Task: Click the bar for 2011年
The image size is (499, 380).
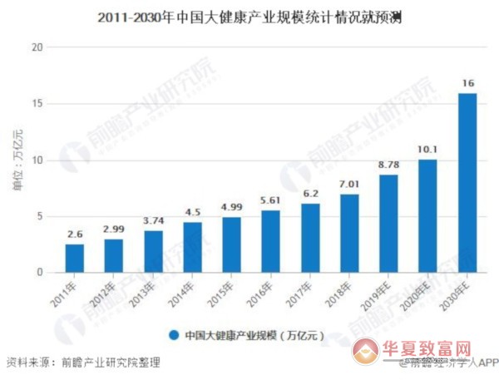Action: (75, 258)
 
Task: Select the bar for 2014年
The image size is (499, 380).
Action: (192, 247)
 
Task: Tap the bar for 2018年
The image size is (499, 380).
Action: (348, 233)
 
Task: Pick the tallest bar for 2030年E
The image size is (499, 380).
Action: (467, 182)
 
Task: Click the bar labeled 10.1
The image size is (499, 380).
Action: (427, 215)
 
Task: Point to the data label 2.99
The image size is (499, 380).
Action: (114, 228)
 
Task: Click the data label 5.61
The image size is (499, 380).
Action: (270, 199)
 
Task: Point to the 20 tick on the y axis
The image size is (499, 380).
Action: (37, 47)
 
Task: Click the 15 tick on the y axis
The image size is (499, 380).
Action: (37, 104)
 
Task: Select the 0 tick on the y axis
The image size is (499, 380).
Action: (39, 273)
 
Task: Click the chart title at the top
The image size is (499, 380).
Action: (249, 16)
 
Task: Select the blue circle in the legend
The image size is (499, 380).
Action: (174, 336)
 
